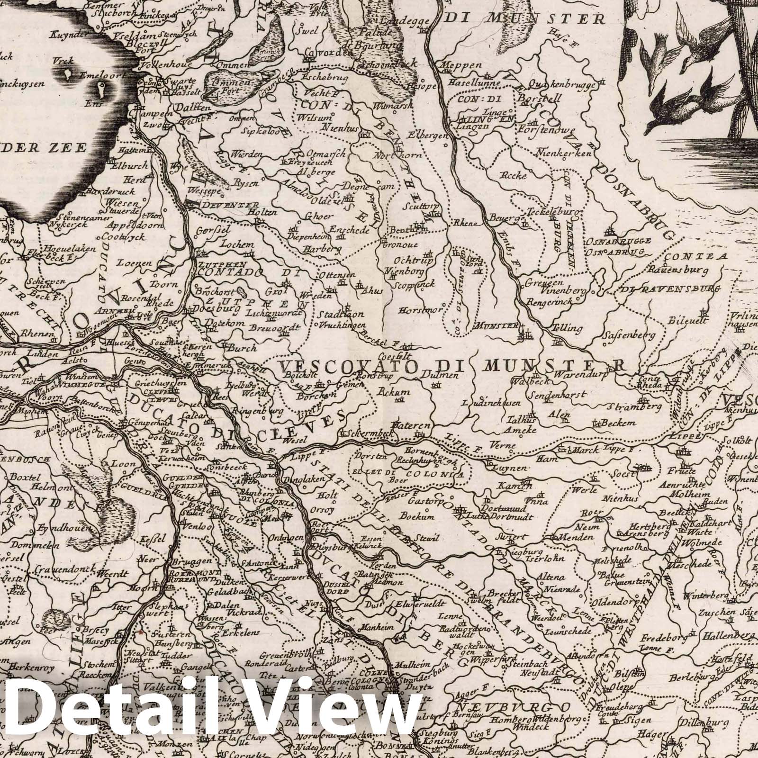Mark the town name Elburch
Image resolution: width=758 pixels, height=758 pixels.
[x=125, y=166]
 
